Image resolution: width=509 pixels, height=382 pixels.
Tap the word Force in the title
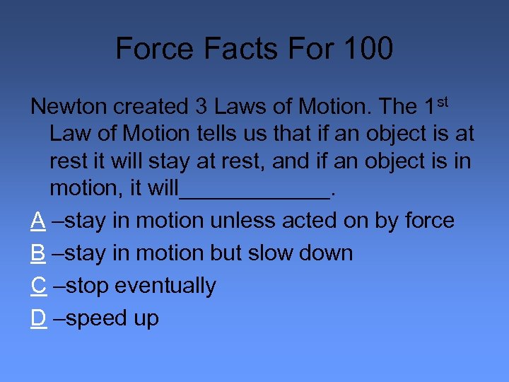pos(150,49)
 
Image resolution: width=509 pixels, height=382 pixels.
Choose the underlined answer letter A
pos(38,221)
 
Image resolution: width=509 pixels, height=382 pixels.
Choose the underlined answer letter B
pos(38,253)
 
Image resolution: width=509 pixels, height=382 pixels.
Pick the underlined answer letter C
pos(39,286)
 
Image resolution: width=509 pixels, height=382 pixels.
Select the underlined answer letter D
pos(39,318)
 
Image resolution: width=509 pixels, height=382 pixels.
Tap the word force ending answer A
pos(429,221)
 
